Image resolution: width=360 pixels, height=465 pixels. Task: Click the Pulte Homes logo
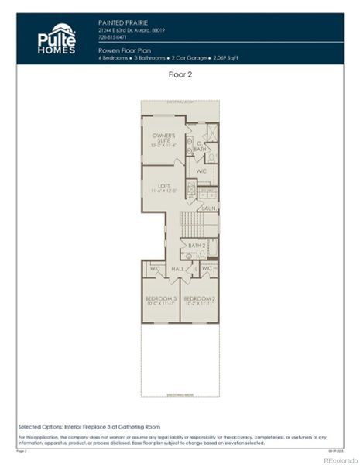[57, 39]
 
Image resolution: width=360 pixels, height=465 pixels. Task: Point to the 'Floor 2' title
[180, 75]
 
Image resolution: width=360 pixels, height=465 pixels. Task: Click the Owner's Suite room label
[164, 139]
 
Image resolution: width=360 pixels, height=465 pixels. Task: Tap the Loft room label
[164, 188]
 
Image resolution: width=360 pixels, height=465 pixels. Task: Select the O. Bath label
[200, 146]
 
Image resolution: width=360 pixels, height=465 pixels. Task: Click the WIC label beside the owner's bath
[201, 170]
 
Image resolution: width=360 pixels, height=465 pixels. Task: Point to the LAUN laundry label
[207, 208]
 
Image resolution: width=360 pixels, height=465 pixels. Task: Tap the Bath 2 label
[195, 245]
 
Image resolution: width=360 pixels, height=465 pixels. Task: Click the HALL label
[177, 269]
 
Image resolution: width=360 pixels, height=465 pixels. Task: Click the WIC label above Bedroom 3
[154, 269]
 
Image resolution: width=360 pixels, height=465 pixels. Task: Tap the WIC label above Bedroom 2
[207, 269]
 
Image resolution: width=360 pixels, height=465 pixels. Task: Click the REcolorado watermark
[338, 459]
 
